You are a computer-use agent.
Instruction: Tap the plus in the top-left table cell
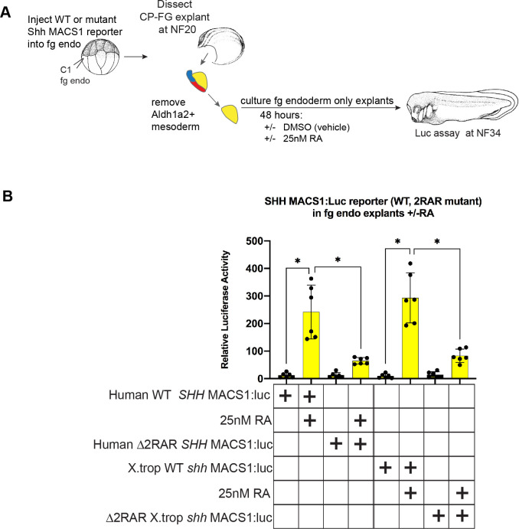coord(286,395)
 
